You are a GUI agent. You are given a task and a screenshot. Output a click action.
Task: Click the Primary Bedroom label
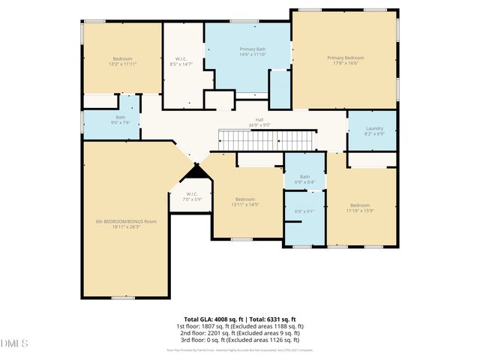[x=345, y=58]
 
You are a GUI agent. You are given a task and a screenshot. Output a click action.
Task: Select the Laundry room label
[x=374, y=128]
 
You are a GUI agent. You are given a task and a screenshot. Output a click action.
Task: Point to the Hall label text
[x=259, y=119]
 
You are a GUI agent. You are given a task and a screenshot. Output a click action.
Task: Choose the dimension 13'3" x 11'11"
[x=122, y=64]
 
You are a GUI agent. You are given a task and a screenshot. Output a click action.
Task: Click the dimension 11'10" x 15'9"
[x=360, y=211]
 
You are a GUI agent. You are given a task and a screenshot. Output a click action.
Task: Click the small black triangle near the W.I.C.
[x=196, y=171]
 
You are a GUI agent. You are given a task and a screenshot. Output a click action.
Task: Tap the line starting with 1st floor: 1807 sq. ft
[x=240, y=325]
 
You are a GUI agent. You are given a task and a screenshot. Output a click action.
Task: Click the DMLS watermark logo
[x=14, y=343]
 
